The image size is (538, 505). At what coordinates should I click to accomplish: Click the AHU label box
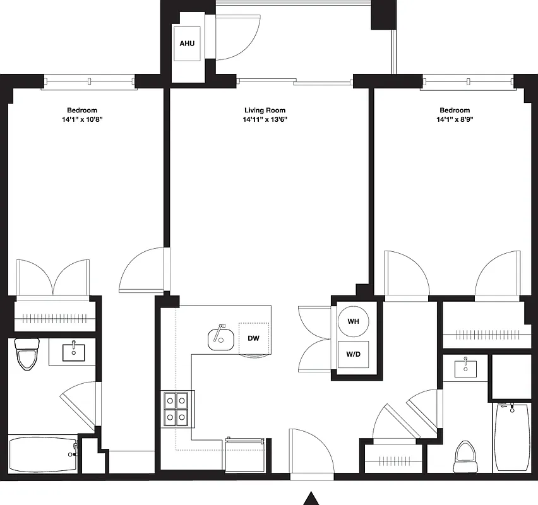(187, 44)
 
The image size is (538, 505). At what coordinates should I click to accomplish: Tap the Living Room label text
(265, 110)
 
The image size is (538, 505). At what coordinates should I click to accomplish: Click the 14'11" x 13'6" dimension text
(265, 120)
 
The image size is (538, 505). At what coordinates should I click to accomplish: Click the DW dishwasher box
(254, 338)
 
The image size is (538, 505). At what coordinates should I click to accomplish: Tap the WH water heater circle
(353, 322)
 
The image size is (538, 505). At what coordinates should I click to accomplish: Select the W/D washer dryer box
(353, 354)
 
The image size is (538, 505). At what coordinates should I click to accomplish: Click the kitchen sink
(220, 340)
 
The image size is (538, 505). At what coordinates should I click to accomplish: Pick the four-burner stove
(177, 408)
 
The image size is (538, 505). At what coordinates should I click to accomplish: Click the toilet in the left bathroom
(27, 355)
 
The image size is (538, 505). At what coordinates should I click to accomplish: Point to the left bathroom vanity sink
(75, 351)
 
